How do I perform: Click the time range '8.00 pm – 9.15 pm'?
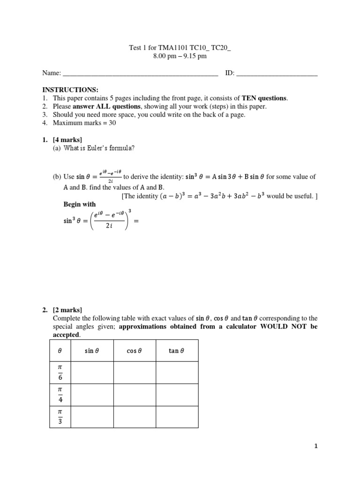180,56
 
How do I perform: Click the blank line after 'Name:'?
140,74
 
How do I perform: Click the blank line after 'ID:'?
277,74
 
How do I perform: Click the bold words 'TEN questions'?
264,98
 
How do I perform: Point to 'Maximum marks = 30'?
84,123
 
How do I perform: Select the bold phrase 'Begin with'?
79,204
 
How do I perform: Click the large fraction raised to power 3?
108,221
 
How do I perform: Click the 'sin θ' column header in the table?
92,351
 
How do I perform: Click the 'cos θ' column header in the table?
135,351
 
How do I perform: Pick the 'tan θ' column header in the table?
177,351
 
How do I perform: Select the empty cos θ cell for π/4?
135,395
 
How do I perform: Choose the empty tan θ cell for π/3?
177,417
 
